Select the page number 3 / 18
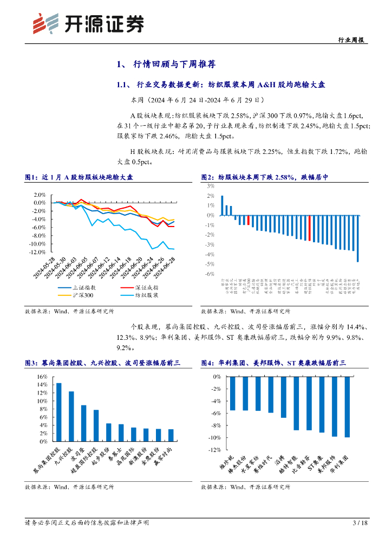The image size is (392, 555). [360, 522]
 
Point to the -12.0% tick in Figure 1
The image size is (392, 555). [38, 252]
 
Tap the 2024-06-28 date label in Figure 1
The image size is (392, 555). [165, 267]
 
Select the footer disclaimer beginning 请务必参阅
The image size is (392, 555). [87, 522]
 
